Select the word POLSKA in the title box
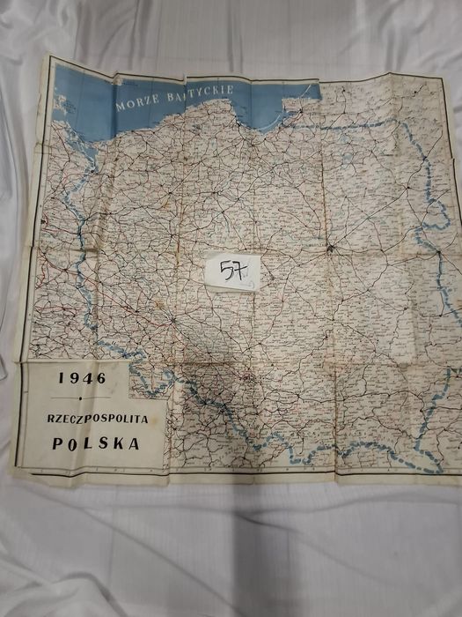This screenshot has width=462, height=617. coord(96,443)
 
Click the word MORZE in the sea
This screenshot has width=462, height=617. coord(136,97)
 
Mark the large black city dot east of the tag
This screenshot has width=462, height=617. coord(330,249)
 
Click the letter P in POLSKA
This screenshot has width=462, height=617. coord(58,444)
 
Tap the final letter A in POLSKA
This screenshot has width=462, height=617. coord(135,443)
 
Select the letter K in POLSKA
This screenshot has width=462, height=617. coord(119,443)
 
